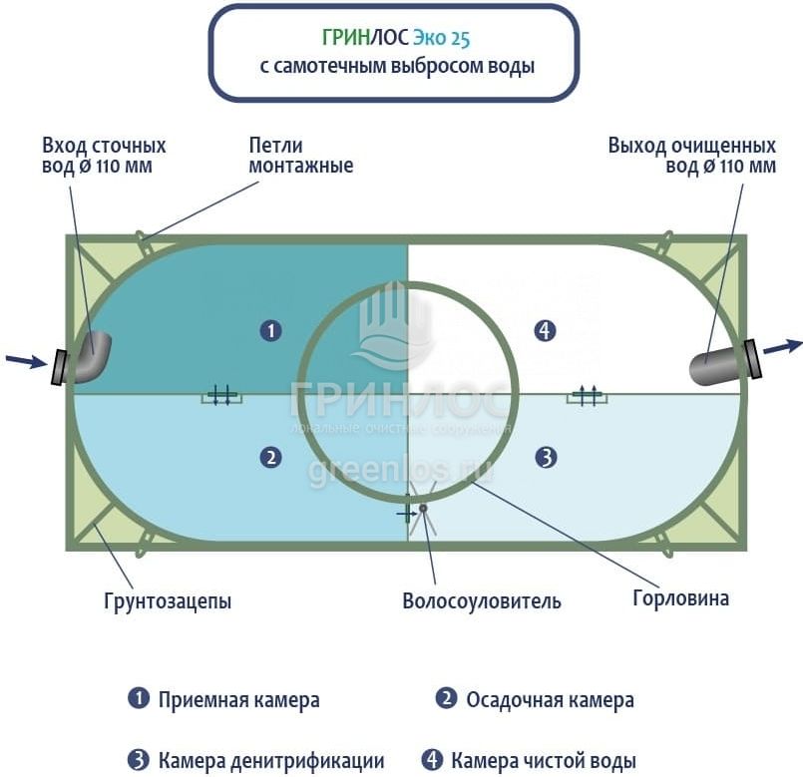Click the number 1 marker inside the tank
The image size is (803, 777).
[269, 330]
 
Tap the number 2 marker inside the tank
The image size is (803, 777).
[269, 458]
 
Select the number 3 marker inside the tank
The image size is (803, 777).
[545, 458]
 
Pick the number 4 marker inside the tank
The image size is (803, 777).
[545, 330]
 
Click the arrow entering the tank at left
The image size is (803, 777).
[25, 360]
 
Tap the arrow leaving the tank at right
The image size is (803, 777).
[783, 346]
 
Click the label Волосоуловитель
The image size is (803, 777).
[481, 600]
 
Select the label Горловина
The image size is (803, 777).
[680, 598]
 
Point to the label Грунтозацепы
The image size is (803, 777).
[167, 601]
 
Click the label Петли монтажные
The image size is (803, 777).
[300, 155]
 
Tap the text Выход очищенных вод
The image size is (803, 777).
[691, 155]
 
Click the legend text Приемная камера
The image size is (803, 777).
[238, 699]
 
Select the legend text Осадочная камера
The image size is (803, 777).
[550, 699]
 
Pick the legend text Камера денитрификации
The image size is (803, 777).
[270, 760]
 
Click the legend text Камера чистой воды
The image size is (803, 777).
[543, 760]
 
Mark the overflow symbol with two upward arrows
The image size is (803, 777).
[589, 396]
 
